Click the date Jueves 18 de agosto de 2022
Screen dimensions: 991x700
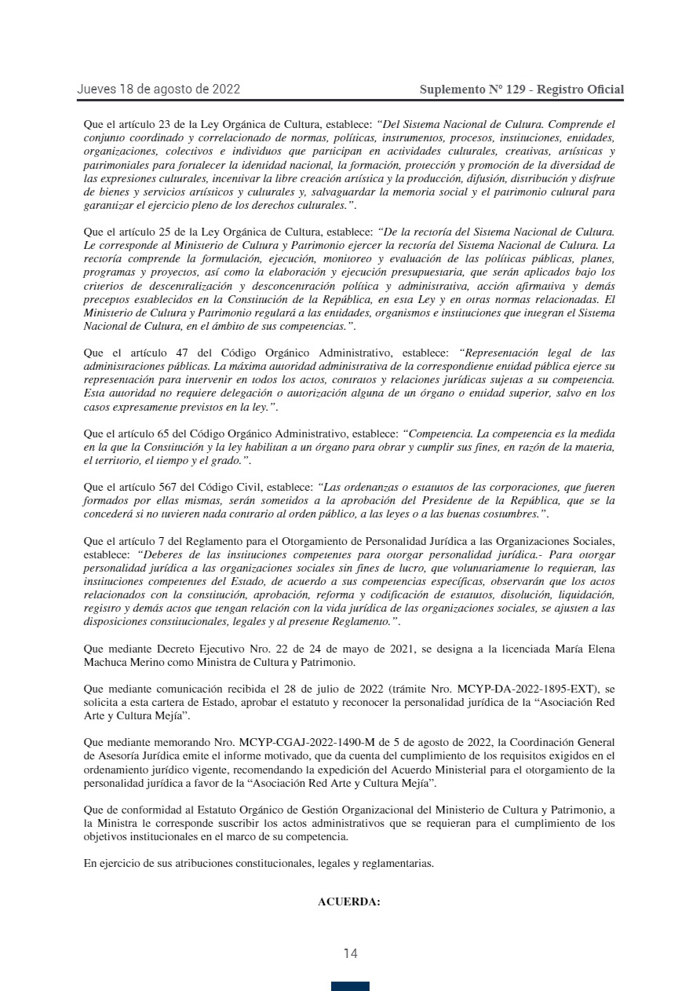coord(159,90)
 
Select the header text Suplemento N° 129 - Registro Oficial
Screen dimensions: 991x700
coord(522,90)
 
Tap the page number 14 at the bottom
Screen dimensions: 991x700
coord(350,953)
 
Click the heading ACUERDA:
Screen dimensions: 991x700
coord(349,901)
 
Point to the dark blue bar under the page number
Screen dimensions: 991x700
coord(350,986)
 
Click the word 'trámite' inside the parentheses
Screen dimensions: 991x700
coord(433,689)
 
